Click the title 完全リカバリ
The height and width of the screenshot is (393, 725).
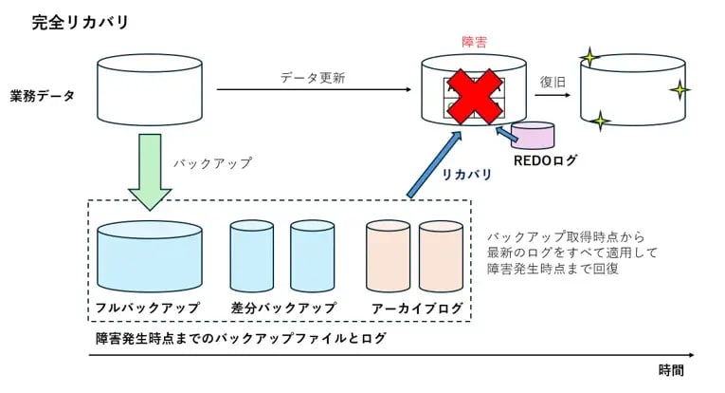(x=67, y=21)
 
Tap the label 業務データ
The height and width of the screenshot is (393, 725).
(x=43, y=96)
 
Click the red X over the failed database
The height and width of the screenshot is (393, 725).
(x=474, y=95)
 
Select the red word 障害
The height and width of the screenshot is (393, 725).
(x=474, y=43)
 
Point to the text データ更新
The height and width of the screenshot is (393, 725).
(x=313, y=77)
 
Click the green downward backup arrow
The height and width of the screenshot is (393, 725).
(x=150, y=171)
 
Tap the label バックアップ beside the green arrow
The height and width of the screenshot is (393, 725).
(x=212, y=162)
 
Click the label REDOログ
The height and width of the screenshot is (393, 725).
(x=545, y=161)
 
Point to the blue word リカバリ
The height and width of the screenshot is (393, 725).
(x=466, y=175)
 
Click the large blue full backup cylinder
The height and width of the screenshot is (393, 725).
(x=150, y=258)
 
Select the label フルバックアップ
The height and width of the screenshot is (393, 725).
(x=148, y=309)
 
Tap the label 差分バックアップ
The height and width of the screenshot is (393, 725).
(x=283, y=309)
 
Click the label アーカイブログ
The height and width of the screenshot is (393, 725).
(x=418, y=309)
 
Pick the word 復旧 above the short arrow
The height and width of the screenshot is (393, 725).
(x=553, y=82)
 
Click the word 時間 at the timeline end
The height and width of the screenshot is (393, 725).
(x=670, y=370)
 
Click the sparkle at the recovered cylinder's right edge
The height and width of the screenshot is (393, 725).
(x=679, y=91)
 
